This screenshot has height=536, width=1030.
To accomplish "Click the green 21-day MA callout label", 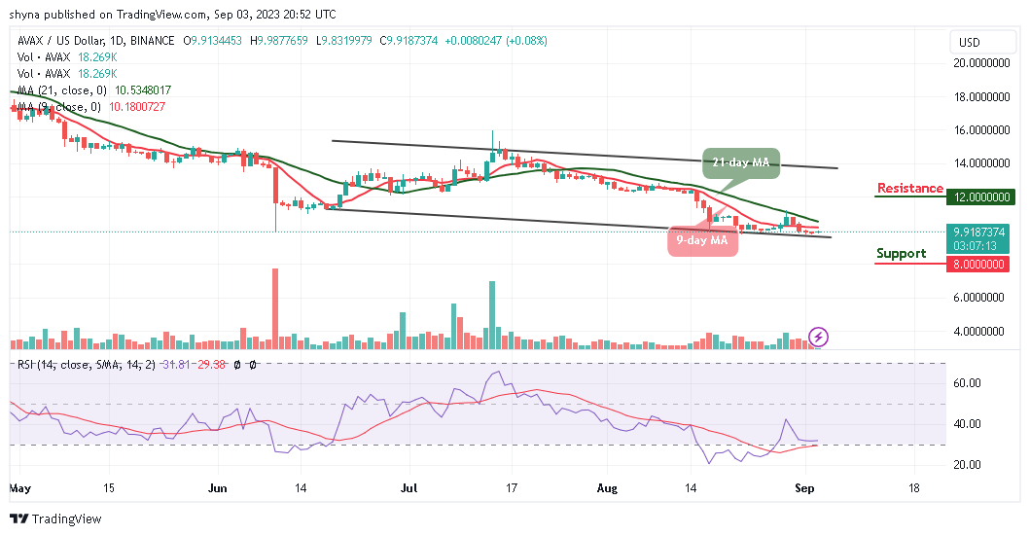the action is point(741,162).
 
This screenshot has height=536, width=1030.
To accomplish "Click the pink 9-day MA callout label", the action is point(702,240).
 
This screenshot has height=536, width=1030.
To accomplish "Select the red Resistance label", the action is point(909,189).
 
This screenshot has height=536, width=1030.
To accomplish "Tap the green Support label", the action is point(901,254).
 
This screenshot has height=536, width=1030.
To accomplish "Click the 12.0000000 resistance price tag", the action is point(980,197).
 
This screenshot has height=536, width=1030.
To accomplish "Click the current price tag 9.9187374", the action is point(979,232).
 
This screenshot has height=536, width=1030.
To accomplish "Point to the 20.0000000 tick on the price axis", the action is point(981,63).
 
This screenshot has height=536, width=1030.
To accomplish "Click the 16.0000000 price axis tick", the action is point(981,130).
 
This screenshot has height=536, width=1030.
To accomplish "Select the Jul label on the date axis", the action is point(409,488).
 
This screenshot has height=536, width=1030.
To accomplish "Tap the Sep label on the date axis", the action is point(804,488).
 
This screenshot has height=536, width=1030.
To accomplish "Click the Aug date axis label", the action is point(607,488).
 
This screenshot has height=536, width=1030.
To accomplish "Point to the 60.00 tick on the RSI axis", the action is point(967,383).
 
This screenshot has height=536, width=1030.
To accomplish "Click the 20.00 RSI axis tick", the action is point(967,464).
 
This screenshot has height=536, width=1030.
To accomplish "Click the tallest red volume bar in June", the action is point(275,308).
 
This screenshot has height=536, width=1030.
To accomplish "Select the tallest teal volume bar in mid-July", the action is point(492,315).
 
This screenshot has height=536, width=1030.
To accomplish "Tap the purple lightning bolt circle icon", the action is point(818,338).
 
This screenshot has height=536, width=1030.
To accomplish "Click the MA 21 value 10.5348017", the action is point(143,90).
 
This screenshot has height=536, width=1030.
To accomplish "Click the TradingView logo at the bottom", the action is point(56,518).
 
